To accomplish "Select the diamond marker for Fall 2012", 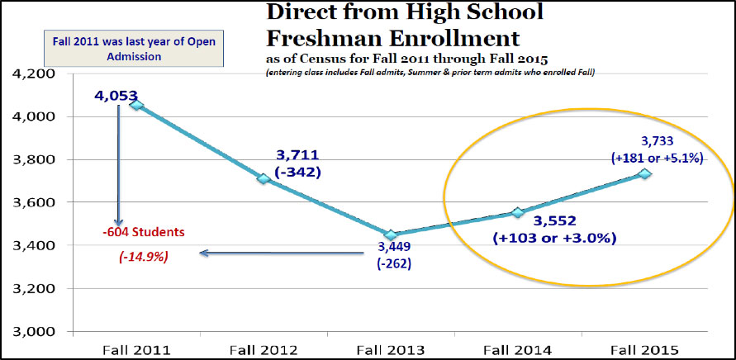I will pos(264,178).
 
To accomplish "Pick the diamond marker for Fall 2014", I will pos(518,212).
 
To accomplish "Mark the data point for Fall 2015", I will pos(645,173).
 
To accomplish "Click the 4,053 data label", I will pos(116,96).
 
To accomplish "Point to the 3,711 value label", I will pos(298,155).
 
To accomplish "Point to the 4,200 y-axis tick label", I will pos(31,74).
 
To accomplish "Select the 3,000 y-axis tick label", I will pos(31,332).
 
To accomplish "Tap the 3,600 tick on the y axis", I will pos(31,203).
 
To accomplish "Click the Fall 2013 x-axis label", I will pos(391,348).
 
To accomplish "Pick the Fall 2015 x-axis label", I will pos(645,348).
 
